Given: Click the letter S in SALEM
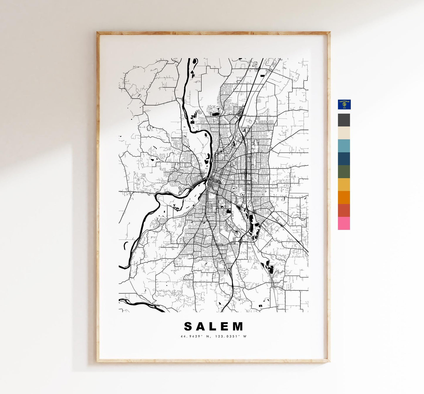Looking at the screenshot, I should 188,326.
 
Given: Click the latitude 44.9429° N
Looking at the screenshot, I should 195,336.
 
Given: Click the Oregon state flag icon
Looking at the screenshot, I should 344,104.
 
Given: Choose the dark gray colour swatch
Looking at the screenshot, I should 344,120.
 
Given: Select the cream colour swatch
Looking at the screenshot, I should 344,133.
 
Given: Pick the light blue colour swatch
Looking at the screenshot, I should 344,146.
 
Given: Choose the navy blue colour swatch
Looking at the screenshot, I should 344,159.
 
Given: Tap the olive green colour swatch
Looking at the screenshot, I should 344,171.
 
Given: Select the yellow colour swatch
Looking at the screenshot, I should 344,184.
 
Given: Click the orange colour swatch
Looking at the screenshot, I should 344,197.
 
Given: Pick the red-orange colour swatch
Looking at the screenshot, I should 344,210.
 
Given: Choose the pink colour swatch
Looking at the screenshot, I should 344,223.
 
